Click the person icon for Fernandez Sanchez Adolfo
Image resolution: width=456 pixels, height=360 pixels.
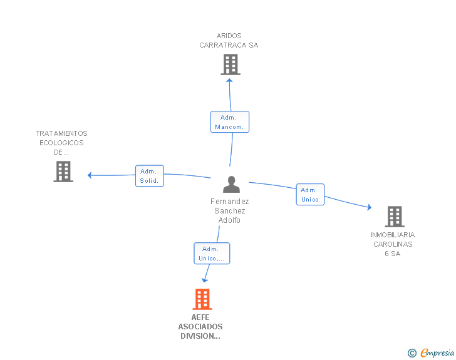[x=231, y=184]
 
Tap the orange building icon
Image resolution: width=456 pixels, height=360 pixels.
[x=202, y=299]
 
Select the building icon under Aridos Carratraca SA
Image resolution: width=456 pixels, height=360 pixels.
[x=231, y=64]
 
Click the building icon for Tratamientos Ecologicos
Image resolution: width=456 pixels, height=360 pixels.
[x=63, y=172]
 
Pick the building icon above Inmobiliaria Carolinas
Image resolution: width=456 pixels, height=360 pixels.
[x=395, y=217]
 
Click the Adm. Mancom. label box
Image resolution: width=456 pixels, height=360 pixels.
[x=230, y=122]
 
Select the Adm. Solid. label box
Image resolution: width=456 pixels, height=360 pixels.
[x=150, y=176]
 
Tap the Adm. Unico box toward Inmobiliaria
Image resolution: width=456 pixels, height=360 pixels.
[x=310, y=195]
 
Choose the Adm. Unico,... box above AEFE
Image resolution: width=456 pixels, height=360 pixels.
[x=212, y=254]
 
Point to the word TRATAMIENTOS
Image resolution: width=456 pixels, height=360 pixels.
[x=61, y=133]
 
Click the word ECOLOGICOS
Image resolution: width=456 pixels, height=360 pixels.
[x=61, y=143]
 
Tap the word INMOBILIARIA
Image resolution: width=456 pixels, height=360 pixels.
[x=393, y=235]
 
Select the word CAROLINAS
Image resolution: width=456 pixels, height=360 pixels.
[x=393, y=244]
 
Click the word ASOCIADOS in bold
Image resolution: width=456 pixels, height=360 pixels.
[x=200, y=327]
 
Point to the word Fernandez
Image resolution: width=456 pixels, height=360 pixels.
[x=230, y=201]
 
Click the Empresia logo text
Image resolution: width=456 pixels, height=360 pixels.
[x=437, y=352]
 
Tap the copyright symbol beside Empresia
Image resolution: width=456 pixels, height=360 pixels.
[x=412, y=353]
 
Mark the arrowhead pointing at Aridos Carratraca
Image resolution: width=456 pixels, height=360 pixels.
[x=229, y=81]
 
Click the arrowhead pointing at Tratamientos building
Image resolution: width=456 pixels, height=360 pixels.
[x=90, y=175]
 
